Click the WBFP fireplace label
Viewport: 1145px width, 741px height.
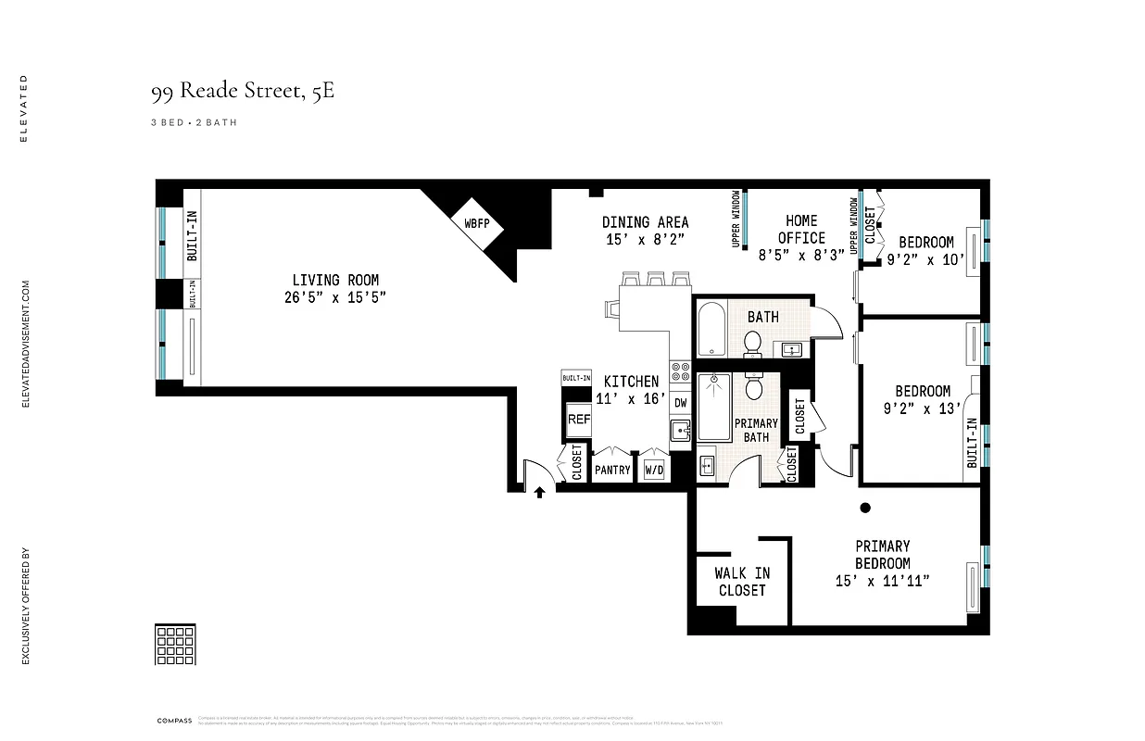tap(476, 224)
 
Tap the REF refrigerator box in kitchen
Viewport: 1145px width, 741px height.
tap(579, 420)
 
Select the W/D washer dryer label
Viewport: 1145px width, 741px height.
tap(654, 470)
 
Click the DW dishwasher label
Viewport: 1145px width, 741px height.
tap(680, 403)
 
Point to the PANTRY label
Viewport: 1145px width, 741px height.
tap(612, 470)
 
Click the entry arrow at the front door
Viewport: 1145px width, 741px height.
tap(539, 494)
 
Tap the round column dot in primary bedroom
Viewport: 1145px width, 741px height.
tap(865, 507)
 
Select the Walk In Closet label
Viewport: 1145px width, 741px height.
tap(741, 582)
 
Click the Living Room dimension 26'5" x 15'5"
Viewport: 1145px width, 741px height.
tap(335, 296)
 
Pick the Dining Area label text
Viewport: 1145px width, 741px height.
tap(645, 222)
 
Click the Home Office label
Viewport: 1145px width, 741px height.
tap(801, 229)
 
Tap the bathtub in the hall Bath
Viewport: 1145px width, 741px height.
tap(711, 328)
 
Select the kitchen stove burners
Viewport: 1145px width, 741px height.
tap(680, 370)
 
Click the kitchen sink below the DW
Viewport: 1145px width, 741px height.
tap(680, 429)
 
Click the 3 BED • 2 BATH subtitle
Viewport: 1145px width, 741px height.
tap(194, 122)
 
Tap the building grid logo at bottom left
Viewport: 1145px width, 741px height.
tap(174, 644)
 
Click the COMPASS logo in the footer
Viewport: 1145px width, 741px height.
tap(173, 720)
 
